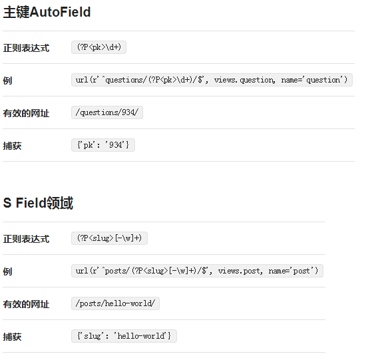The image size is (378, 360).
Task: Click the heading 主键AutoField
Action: (x=47, y=12)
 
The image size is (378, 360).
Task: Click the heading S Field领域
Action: (x=38, y=203)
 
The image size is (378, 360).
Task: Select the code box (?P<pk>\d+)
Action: (x=99, y=47)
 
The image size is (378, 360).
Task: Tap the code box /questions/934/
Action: (x=107, y=112)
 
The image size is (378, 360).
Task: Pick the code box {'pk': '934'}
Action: (x=103, y=145)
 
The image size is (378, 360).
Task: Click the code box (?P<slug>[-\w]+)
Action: (x=109, y=238)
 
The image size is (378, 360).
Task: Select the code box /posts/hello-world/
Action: (x=116, y=303)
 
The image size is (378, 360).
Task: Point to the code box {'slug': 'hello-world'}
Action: (x=124, y=336)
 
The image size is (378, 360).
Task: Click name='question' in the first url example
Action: (x=314, y=80)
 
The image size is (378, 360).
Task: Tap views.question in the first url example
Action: (x=244, y=80)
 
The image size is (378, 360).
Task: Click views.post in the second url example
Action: (x=240, y=271)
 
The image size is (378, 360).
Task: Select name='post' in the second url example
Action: (x=293, y=271)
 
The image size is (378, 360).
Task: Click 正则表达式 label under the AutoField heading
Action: (x=26, y=48)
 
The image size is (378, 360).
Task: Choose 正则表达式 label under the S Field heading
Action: (x=26, y=239)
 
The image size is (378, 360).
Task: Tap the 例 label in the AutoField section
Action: (x=7, y=81)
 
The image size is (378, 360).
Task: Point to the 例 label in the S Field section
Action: (x=7, y=271)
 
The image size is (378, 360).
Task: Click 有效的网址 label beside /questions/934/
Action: (x=26, y=113)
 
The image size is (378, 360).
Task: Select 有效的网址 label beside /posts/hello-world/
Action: (x=26, y=304)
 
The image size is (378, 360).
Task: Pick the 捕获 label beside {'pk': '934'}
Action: (x=12, y=146)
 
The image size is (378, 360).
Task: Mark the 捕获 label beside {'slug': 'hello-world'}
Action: (x=12, y=337)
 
